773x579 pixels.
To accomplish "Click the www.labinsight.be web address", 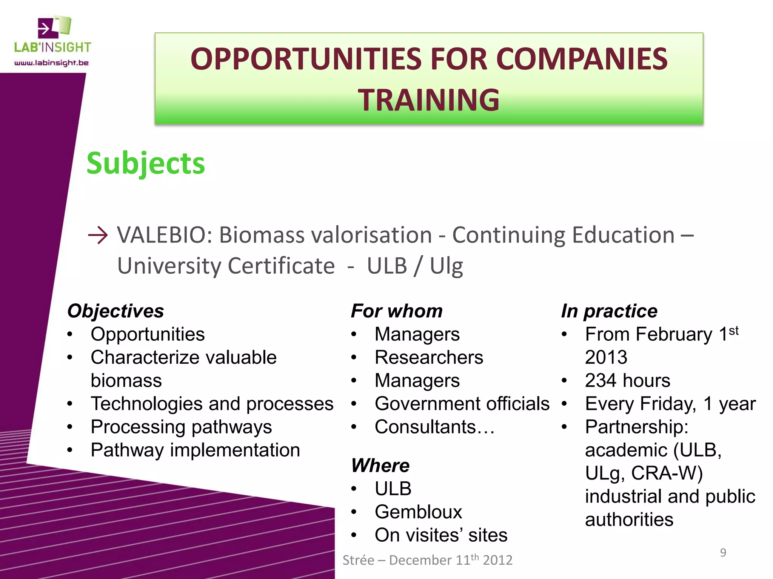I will point(51,63).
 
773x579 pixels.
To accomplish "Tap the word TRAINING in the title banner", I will point(429,100).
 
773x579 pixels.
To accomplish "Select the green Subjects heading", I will point(146,163).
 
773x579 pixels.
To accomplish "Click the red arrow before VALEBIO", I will point(98,236).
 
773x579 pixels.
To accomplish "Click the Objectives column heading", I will point(116,311).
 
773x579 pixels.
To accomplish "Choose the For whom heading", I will point(397,311).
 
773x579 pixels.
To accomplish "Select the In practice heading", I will point(609,311).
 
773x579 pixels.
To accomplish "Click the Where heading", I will point(380,465).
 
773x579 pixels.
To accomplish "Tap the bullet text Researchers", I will point(429,357).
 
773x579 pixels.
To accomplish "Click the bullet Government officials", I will point(462,404).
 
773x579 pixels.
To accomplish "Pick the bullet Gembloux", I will point(418,512).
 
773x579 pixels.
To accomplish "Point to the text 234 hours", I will point(627,380).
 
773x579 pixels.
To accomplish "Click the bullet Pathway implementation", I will point(195,450).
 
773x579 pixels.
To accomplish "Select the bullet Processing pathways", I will point(181,427).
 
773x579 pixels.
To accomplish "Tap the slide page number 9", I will point(723,553).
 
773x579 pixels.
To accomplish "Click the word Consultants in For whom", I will point(425,427).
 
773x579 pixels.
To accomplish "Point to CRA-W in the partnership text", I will point(667,473).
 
